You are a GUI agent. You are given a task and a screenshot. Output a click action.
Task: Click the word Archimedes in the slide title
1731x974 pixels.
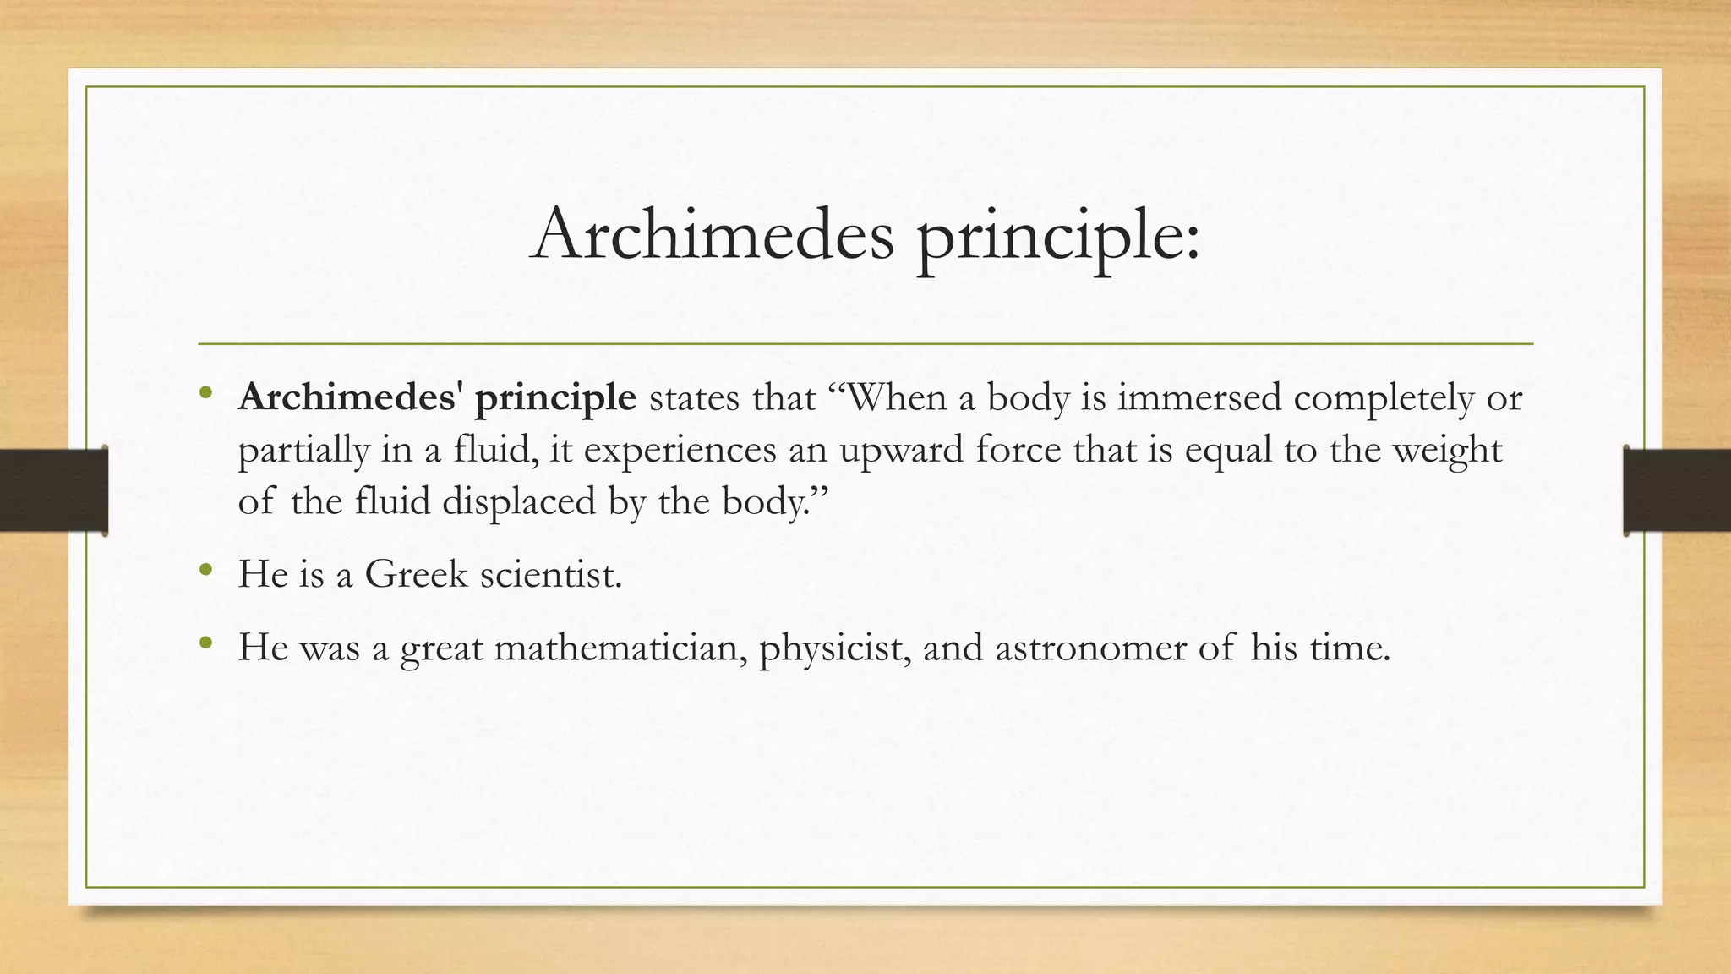(x=712, y=233)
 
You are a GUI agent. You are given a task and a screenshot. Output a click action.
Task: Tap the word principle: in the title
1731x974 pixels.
(x=1058, y=237)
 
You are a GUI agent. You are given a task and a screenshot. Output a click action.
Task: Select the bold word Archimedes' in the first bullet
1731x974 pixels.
(x=350, y=397)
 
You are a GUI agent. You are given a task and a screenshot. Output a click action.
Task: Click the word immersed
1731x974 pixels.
(x=1199, y=397)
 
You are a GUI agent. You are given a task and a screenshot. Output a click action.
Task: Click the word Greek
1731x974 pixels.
(x=416, y=575)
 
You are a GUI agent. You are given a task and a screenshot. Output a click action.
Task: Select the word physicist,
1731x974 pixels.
(x=834, y=649)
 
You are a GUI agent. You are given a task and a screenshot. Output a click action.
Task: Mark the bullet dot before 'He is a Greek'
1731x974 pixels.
(x=205, y=571)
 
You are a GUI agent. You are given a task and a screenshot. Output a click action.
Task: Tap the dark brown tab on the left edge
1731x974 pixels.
(x=52, y=490)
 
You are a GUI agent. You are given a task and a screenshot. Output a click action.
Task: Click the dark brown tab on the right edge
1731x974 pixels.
(x=1677, y=490)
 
